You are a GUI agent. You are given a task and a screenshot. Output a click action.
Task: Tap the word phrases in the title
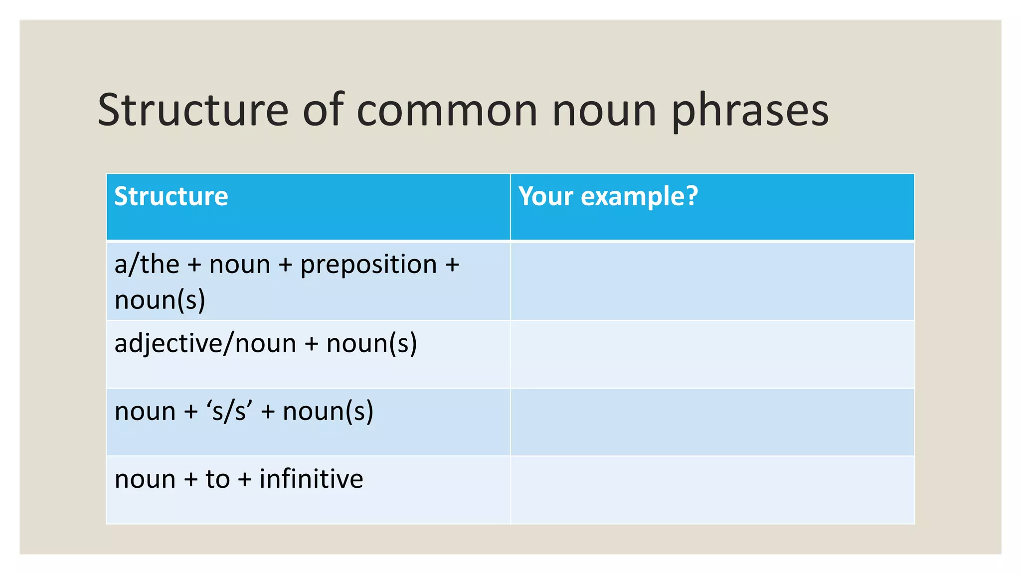[750, 111]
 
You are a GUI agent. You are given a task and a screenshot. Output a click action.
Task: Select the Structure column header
[171, 196]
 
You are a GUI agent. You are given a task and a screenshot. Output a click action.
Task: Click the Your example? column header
[608, 196]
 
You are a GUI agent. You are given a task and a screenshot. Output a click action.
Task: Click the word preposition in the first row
[368, 265]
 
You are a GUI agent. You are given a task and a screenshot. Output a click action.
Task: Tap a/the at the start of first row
[147, 264]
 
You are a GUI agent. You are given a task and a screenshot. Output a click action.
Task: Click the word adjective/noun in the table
[205, 344]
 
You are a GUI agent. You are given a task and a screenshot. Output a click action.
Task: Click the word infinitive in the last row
[311, 479]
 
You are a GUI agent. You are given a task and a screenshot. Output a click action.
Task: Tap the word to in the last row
[217, 479]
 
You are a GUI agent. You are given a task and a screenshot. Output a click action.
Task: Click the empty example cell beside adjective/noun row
[712, 354]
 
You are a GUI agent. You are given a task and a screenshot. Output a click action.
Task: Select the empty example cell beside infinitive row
[712, 489]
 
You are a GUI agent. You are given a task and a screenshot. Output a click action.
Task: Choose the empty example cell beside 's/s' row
[712, 422]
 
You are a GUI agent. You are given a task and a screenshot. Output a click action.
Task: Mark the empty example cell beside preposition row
[712, 281]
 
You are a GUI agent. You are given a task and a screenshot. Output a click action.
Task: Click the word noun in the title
[604, 111]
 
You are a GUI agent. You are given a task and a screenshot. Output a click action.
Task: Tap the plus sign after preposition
[452, 265]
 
